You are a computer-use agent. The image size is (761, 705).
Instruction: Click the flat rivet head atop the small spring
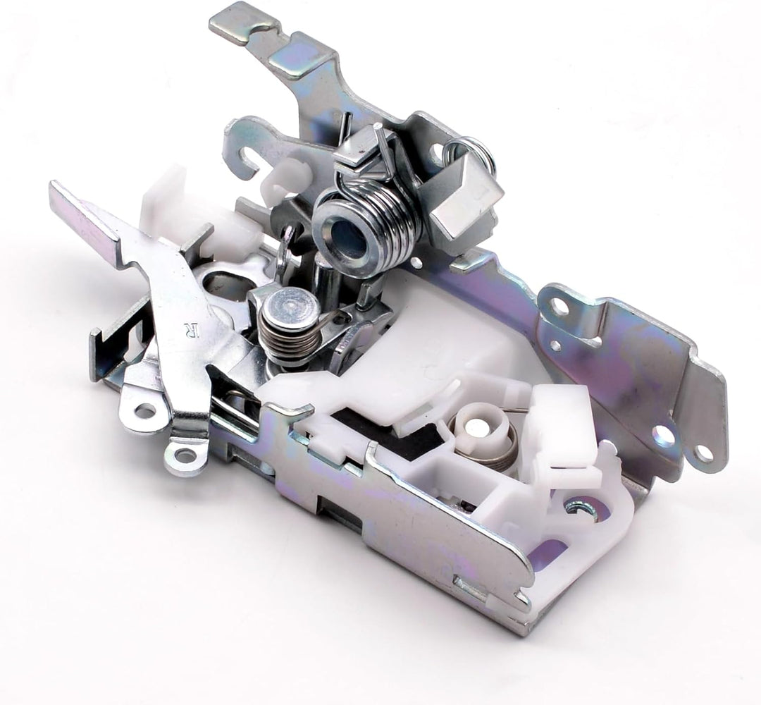[289, 307]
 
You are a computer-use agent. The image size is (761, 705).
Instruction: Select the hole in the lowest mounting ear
[184, 455]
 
